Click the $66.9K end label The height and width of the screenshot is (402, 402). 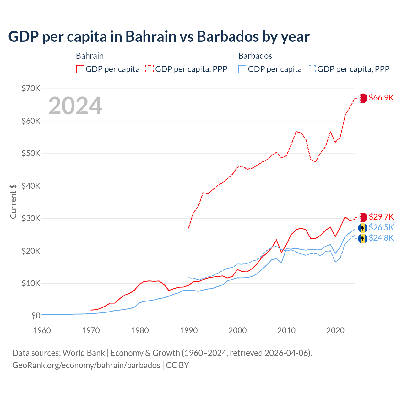coord(381,98)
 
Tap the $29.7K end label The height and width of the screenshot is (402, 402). coord(381,217)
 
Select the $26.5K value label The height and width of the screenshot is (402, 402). coord(381,227)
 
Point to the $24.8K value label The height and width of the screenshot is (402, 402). coord(381,238)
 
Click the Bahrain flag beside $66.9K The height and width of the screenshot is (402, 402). coord(363,98)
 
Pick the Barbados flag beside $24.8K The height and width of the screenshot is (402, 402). coord(363,238)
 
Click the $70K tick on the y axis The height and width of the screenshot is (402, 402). coord(31,88)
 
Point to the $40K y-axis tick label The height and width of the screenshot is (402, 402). coord(31,186)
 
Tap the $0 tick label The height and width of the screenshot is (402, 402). coord(36,316)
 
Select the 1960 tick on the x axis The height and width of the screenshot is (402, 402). coord(42,330)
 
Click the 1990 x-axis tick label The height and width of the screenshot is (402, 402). coord(189,330)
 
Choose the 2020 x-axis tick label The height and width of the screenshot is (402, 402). coord(335,330)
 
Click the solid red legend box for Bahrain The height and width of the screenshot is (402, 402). coord(80,69)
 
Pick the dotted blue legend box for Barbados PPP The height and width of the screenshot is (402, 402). coord(312,69)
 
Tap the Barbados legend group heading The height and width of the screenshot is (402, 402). coord(255,56)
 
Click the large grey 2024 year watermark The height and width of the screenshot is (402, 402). coord(75,106)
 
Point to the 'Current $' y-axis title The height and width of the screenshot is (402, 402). coord(13,201)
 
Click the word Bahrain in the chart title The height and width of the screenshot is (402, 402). coord(151,36)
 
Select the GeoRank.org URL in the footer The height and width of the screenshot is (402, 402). coord(86,365)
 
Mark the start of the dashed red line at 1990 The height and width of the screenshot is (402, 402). coord(188,228)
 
